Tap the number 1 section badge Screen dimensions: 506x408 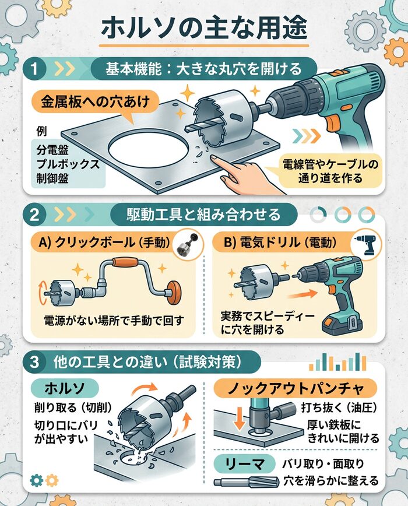point(36,68)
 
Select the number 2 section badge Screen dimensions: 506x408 point(36,214)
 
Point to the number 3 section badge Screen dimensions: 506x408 point(36,361)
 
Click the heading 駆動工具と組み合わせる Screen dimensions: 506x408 point(203,214)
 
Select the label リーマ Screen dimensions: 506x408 point(244,464)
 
